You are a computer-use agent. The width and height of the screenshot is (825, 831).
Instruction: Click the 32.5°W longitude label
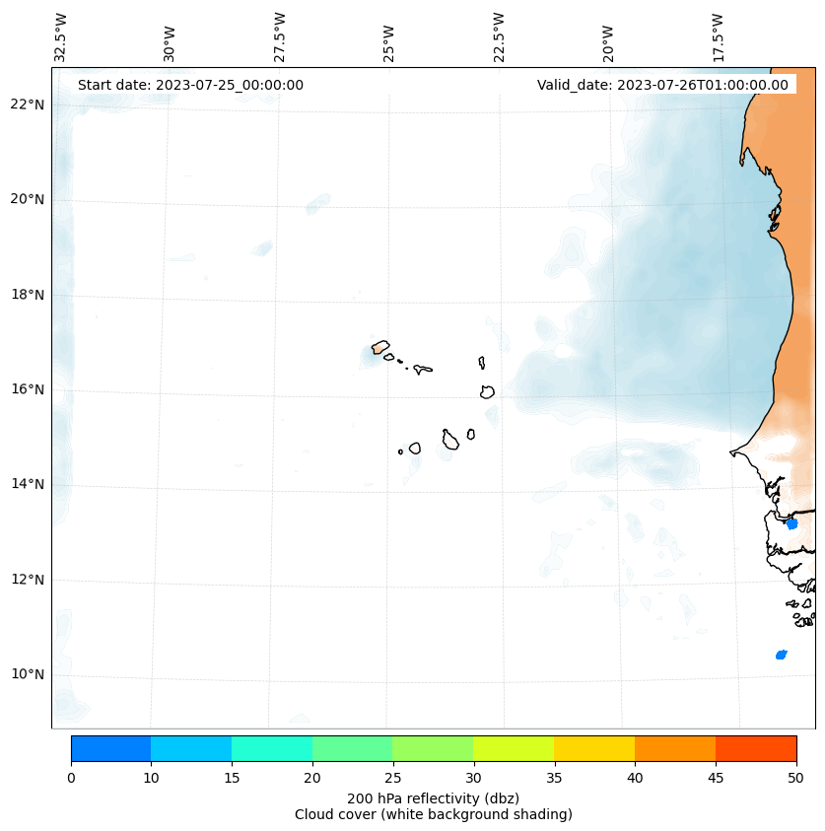(61, 37)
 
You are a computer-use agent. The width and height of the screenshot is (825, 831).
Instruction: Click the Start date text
(190, 85)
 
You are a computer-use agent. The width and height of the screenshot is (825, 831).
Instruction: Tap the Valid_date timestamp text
(662, 85)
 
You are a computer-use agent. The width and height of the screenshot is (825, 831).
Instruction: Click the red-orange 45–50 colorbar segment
(756, 748)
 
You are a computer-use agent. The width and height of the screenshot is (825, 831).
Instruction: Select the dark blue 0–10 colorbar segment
(110, 748)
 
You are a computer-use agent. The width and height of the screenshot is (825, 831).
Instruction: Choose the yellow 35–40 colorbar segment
(594, 748)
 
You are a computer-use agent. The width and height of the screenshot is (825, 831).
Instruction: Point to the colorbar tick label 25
(392, 779)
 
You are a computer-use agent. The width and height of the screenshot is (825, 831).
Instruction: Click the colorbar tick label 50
(795, 779)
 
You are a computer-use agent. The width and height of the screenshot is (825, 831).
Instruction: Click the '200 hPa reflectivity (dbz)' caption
(433, 797)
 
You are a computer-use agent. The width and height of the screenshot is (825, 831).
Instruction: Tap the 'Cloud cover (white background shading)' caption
(433, 814)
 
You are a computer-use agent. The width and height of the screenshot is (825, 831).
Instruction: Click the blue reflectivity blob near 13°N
(791, 523)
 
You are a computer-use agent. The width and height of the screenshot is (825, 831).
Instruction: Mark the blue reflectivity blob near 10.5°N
(781, 655)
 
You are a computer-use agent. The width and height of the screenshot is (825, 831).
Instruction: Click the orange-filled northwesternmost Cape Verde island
(380, 347)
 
